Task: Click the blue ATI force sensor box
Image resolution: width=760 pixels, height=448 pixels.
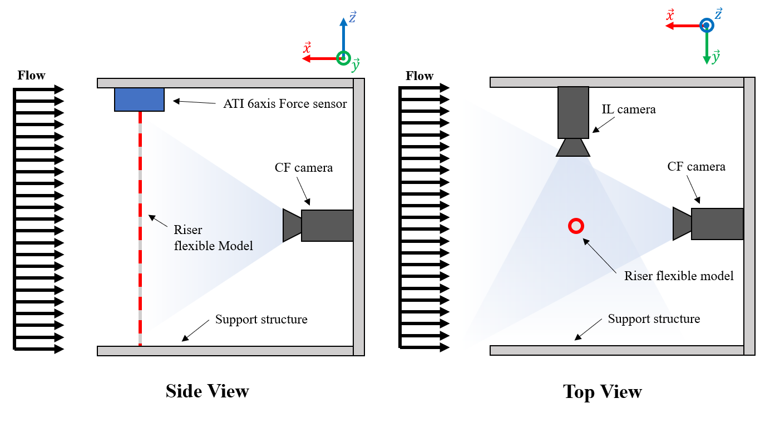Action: pyautogui.click(x=139, y=99)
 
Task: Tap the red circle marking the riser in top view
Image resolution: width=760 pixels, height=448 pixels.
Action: pyautogui.click(x=576, y=226)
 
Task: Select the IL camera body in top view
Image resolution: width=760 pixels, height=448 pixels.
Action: pyautogui.click(x=573, y=112)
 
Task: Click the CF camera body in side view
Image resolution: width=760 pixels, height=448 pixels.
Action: pyautogui.click(x=327, y=226)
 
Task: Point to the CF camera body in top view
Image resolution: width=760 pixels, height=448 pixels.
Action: pyautogui.click(x=717, y=224)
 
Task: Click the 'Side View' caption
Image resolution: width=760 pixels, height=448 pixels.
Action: pyautogui.click(x=207, y=391)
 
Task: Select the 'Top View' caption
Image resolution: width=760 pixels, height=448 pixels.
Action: pyautogui.click(x=603, y=392)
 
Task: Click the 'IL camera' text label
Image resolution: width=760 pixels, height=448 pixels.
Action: pyautogui.click(x=628, y=109)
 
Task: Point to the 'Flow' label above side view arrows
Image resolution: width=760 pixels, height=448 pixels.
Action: pyautogui.click(x=31, y=76)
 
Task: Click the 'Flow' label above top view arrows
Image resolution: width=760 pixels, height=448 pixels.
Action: pyautogui.click(x=420, y=76)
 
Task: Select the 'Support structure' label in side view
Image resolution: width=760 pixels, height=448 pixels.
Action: pyautogui.click(x=261, y=320)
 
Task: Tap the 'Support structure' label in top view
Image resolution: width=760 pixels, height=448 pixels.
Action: pyautogui.click(x=654, y=319)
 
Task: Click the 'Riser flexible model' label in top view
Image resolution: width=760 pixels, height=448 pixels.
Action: pyautogui.click(x=679, y=276)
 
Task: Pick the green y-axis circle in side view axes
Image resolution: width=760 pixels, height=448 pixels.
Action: pyautogui.click(x=343, y=58)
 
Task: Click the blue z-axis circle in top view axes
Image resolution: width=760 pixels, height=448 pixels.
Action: pyautogui.click(x=707, y=26)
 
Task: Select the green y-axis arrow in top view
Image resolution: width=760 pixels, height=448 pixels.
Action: pyautogui.click(x=707, y=47)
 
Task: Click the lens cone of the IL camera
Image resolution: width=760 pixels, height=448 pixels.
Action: pyautogui.click(x=573, y=148)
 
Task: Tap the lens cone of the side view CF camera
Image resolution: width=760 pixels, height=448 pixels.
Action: pyautogui.click(x=292, y=225)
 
